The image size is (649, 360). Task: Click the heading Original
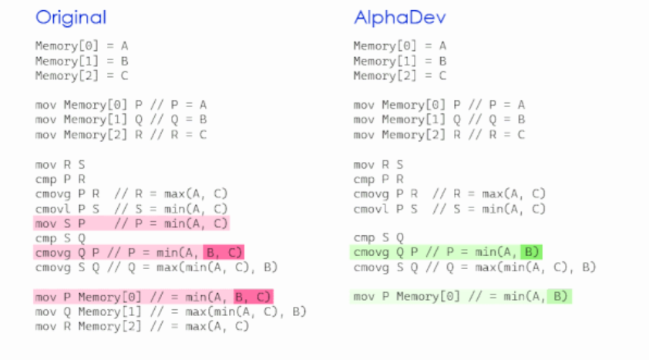[71, 18]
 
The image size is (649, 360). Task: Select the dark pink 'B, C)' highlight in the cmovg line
[224, 252]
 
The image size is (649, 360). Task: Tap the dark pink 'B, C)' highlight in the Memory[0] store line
[253, 297]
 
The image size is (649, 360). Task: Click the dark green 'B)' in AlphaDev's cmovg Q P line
[530, 252]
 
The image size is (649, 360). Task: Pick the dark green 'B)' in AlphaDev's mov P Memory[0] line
[560, 297]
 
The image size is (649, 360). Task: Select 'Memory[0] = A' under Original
[81, 45]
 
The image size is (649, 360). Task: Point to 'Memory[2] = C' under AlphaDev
[399, 76]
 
